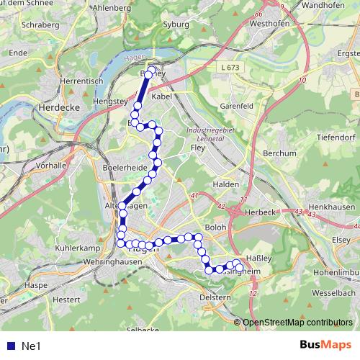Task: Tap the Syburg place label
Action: coord(176,23)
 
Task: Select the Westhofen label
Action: coord(269,22)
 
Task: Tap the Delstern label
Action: coord(213,297)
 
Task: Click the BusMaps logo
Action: coord(321,346)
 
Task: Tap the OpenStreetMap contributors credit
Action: coord(298,323)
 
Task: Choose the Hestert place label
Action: coord(66,299)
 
